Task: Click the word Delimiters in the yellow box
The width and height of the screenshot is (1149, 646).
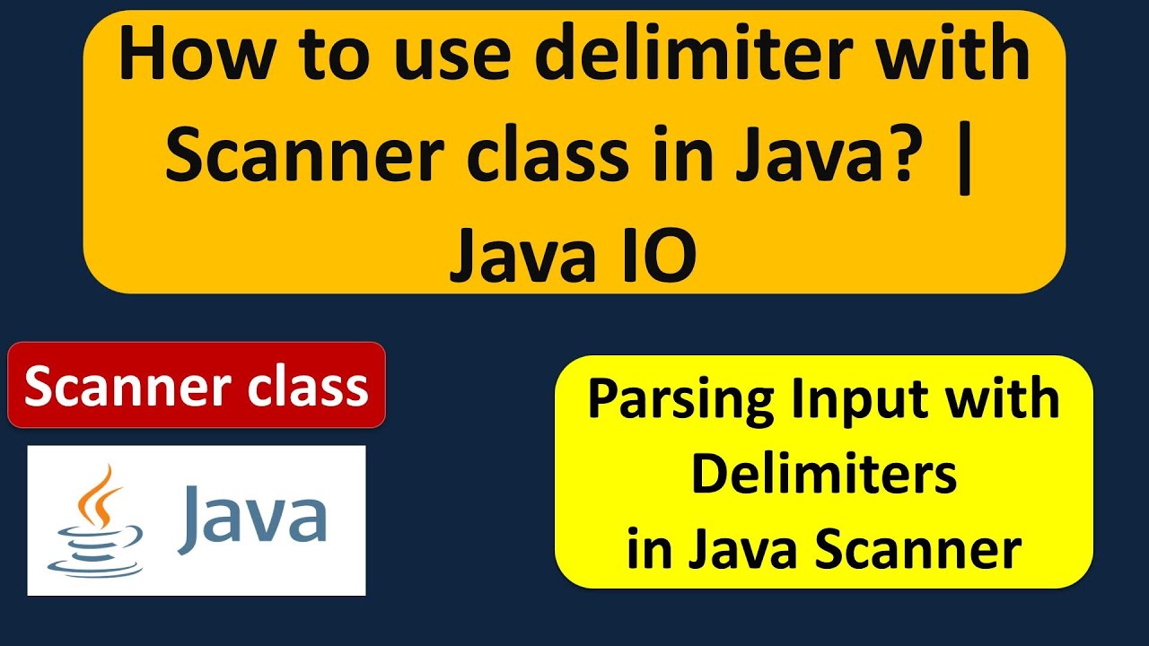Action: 823,475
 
